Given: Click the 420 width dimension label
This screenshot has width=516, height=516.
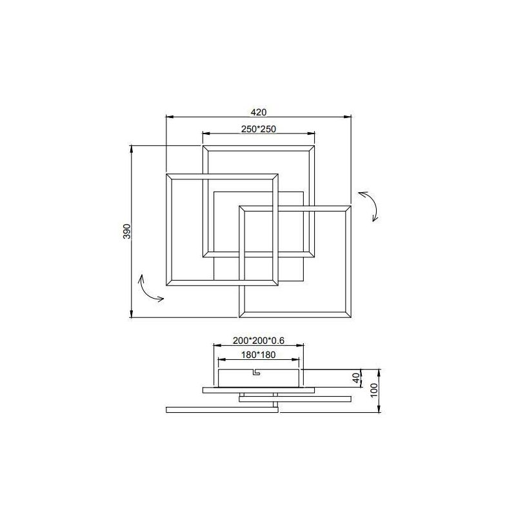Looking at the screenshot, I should point(259,111).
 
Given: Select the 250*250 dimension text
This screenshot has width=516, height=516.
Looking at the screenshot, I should point(259,129).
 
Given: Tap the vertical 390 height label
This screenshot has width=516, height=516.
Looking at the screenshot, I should point(127,232).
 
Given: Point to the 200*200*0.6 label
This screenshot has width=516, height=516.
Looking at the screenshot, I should point(259,340).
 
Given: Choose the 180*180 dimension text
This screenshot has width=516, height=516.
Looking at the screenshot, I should point(259,354).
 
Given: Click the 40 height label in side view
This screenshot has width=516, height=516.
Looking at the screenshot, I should point(355,377).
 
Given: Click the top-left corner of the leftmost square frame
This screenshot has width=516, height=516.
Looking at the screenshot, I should point(167,174).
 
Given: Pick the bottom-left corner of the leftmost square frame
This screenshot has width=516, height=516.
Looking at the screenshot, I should point(167,285).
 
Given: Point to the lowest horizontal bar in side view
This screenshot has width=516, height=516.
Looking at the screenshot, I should point(222,409).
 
